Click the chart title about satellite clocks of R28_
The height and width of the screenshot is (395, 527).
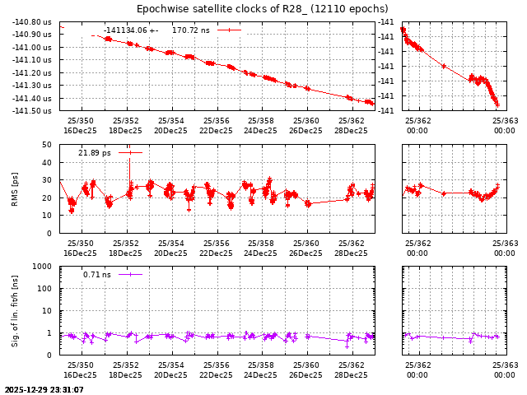tap(262, 9)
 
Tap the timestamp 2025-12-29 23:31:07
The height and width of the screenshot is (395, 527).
tap(44, 389)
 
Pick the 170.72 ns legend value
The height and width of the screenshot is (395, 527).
tap(190, 30)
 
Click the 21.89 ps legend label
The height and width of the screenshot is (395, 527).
tap(94, 153)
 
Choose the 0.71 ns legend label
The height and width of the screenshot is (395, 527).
tap(96, 275)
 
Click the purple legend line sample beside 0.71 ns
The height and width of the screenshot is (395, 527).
tap(130, 275)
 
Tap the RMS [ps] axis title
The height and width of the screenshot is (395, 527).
tap(14, 189)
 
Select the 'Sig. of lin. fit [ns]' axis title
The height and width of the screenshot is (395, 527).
tap(14, 310)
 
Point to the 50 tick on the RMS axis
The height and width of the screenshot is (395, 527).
tap(47, 145)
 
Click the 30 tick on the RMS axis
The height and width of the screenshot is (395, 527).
tap(47, 180)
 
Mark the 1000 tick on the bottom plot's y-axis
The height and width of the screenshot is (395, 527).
tap(43, 267)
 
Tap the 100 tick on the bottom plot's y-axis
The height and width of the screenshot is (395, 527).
tap(45, 289)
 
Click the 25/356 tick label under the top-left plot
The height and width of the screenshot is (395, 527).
tap(216, 121)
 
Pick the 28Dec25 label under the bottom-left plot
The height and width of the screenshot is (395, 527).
tap(351, 374)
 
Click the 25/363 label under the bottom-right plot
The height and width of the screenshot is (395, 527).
tap(505, 365)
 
